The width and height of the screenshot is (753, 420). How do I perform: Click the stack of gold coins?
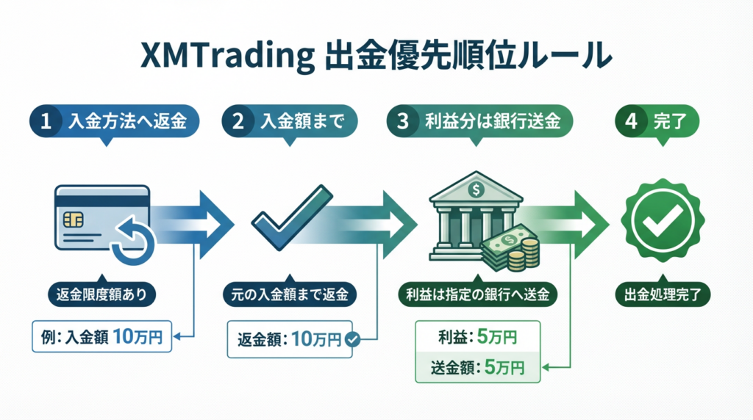click(x=524, y=254)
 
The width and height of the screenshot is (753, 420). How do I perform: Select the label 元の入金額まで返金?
click(x=290, y=295)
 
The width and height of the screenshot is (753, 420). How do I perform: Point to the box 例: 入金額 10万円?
click(x=101, y=336)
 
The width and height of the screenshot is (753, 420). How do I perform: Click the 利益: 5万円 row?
click(x=477, y=337)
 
